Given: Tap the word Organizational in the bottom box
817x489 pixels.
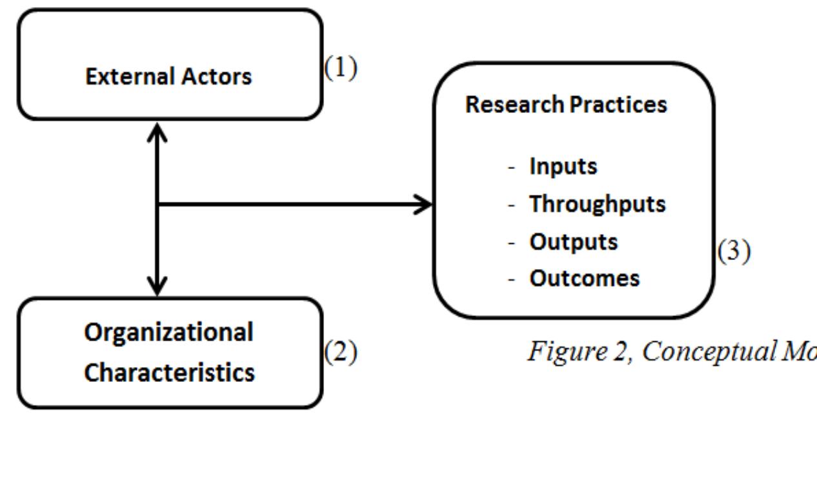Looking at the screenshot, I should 169,332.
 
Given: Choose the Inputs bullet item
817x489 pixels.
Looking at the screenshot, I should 563,166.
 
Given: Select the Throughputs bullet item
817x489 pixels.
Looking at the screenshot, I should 597,204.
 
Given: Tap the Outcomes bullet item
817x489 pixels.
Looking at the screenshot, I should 584,279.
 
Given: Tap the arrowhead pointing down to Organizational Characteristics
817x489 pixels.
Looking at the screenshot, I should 158,286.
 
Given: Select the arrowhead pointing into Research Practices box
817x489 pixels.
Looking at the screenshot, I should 423,205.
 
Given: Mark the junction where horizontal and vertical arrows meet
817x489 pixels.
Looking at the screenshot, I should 158,205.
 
